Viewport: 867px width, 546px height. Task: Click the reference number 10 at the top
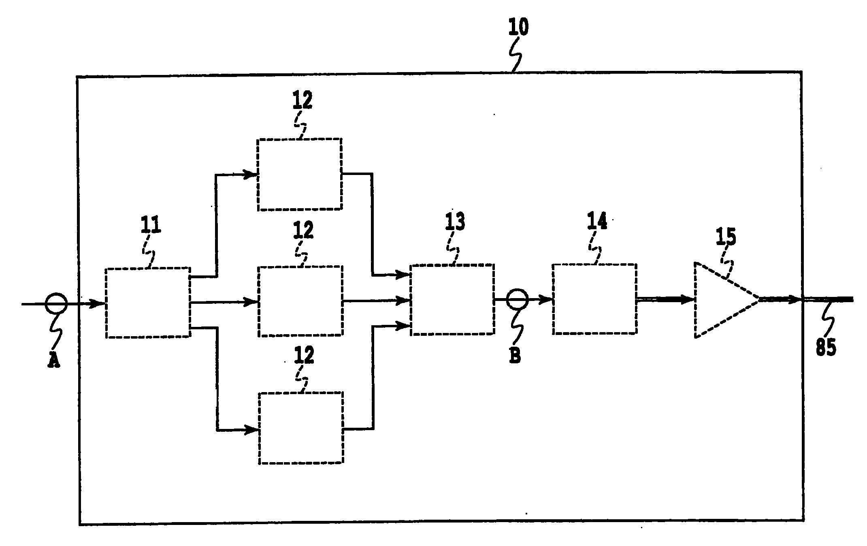pyautogui.click(x=518, y=28)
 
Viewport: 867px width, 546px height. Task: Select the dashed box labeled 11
pyautogui.click(x=148, y=302)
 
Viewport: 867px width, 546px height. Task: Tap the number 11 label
pyautogui.click(x=151, y=225)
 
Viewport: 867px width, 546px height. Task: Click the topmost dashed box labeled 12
pyautogui.click(x=300, y=174)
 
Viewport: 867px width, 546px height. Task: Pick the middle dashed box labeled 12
pyautogui.click(x=301, y=301)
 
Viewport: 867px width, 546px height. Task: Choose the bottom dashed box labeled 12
pyautogui.click(x=301, y=428)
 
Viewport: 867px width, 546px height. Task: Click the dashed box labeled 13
pyautogui.click(x=452, y=300)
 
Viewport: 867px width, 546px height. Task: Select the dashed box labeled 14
pyautogui.click(x=594, y=299)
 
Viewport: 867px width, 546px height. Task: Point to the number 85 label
pyautogui.click(x=826, y=348)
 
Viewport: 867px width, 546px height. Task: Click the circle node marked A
pyautogui.click(x=56, y=303)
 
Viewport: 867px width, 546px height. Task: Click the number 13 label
pyautogui.click(x=455, y=222)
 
